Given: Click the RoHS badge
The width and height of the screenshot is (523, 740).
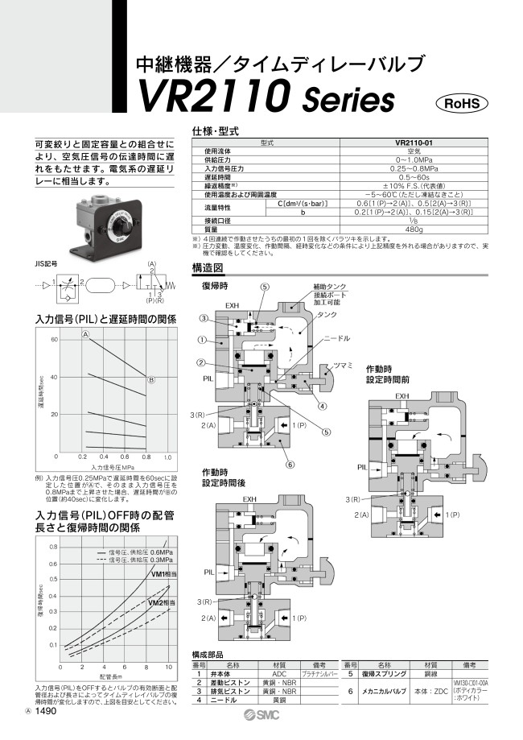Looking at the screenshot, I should click(462, 103).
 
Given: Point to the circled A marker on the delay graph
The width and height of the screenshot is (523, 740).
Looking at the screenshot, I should click(84, 333).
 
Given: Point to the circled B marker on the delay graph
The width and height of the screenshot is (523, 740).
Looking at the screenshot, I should click(150, 379).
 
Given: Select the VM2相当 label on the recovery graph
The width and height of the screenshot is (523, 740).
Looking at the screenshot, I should click(158, 602).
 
